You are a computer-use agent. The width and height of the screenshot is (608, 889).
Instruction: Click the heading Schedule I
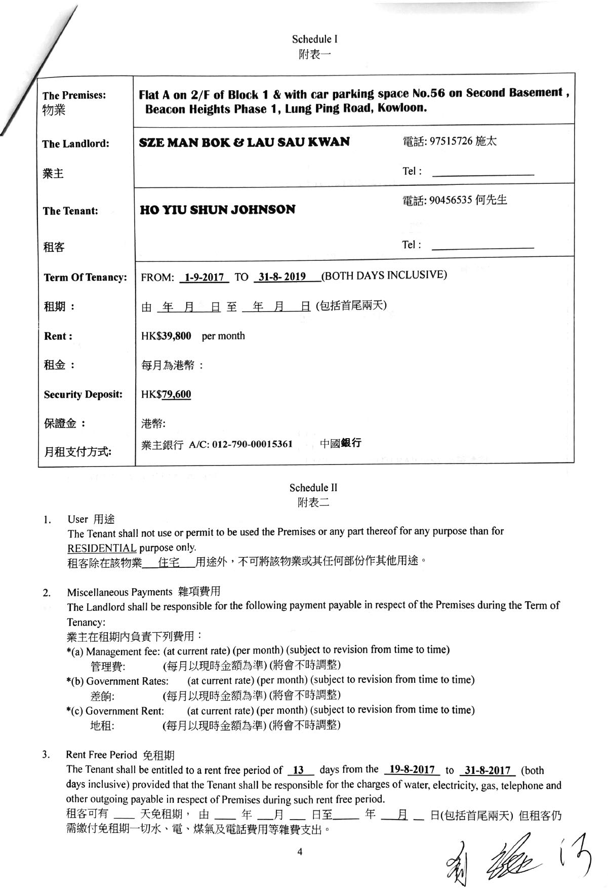coord(314,39)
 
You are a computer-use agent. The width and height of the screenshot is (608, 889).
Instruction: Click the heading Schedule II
coord(313,488)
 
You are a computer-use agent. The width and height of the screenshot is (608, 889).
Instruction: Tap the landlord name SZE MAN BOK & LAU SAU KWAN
coord(245,142)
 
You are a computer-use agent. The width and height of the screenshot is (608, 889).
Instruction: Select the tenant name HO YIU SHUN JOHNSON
coord(217,210)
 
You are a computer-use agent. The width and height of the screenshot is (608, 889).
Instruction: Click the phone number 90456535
coord(450,201)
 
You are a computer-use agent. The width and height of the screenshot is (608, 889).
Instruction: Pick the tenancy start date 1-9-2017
coord(205,277)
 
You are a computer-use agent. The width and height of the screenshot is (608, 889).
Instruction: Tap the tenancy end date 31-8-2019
coord(281,277)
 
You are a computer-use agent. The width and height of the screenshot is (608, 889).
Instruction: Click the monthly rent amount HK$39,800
coord(166,336)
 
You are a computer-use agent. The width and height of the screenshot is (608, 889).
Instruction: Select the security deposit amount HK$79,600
coord(166,394)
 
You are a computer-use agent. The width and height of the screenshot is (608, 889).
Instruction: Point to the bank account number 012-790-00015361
coord(252,444)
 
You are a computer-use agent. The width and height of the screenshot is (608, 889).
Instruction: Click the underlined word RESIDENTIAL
coord(102,548)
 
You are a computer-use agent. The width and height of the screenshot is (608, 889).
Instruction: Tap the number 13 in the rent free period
coord(299,770)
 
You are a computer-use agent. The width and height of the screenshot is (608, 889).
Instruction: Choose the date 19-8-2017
coord(412,769)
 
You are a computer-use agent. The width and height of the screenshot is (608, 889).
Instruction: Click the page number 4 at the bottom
coord(300,852)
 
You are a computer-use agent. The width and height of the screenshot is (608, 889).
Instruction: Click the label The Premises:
coord(74,95)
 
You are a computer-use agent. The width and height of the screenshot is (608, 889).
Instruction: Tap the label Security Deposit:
coord(83,394)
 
